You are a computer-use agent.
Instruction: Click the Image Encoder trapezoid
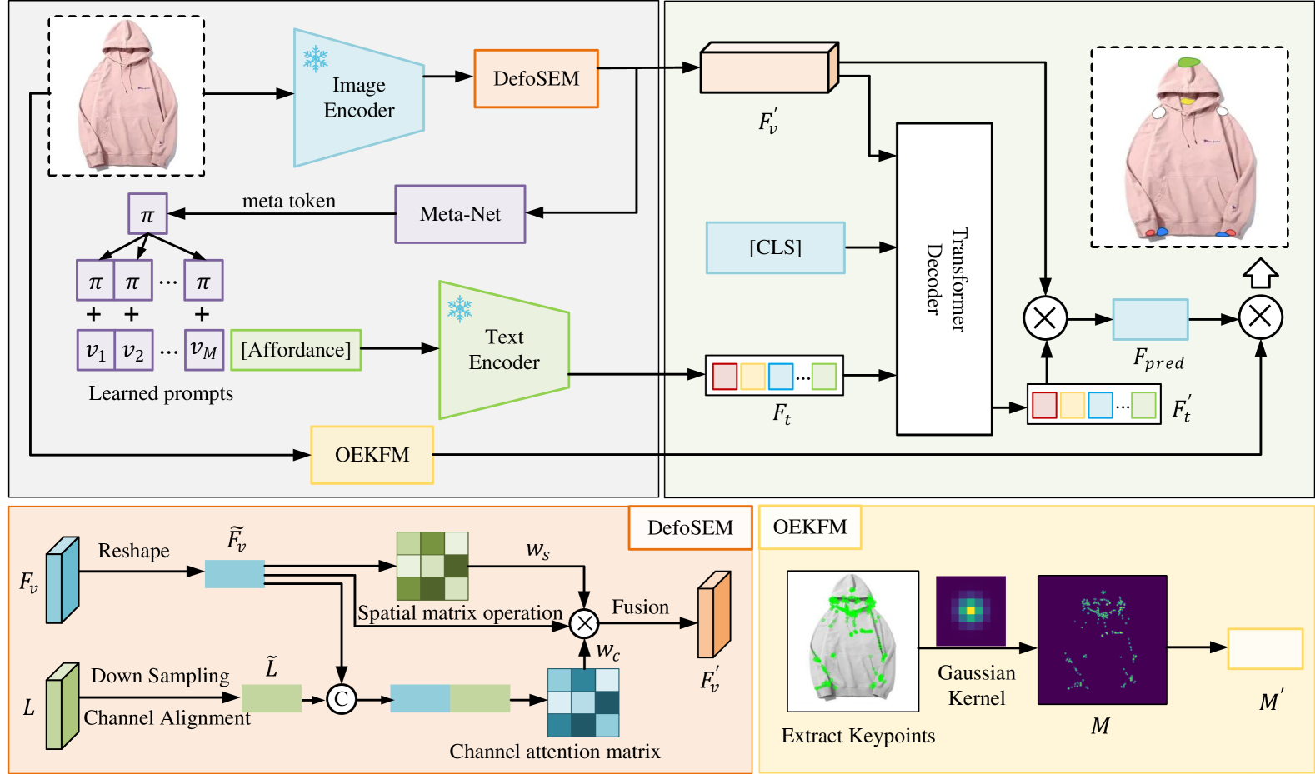pyautogui.click(x=358, y=97)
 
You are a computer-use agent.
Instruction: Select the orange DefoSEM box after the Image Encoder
pyautogui.click(x=536, y=78)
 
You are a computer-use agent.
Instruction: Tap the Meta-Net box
pyautogui.click(x=460, y=214)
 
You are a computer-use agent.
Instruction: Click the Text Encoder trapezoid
pyautogui.click(x=503, y=350)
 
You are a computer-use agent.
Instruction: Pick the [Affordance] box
pyautogui.click(x=296, y=350)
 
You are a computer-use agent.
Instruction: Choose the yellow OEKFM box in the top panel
pyautogui.click(x=372, y=455)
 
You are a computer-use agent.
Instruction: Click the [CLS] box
pyautogui.click(x=775, y=247)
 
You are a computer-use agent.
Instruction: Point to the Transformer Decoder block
pyautogui.click(x=943, y=279)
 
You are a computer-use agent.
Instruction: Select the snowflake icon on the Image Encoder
pyautogui.click(x=315, y=58)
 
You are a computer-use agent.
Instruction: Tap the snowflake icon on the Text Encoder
pyautogui.click(x=459, y=309)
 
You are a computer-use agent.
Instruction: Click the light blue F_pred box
pyautogui.click(x=1150, y=319)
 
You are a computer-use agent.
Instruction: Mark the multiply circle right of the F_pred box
pyautogui.click(x=1260, y=317)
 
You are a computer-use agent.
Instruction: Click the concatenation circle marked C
pyautogui.click(x=341, y=698)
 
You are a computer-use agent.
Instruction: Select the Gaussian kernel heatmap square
pyautogui.click(x=970, y=611)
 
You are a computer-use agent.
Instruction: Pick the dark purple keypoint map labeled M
pyautogui.click(x=1102, y=639)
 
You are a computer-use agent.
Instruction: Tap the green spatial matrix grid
pyautogui.click(x=432, y=566)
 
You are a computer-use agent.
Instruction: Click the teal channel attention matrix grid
pyautogui.click(x=582, y=702)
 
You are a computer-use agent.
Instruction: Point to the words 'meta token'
pyautogui.click(x=288, y=201)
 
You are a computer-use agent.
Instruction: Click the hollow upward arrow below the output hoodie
pyautogui.click(x=1260, y=272)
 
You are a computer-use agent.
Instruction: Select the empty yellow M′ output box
pyautogui.click(x=1264, y=649)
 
